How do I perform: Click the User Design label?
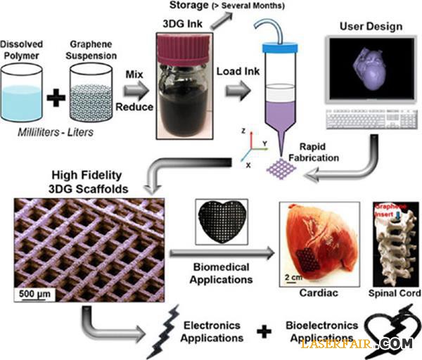pyautogui.click(x=371, y=27)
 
